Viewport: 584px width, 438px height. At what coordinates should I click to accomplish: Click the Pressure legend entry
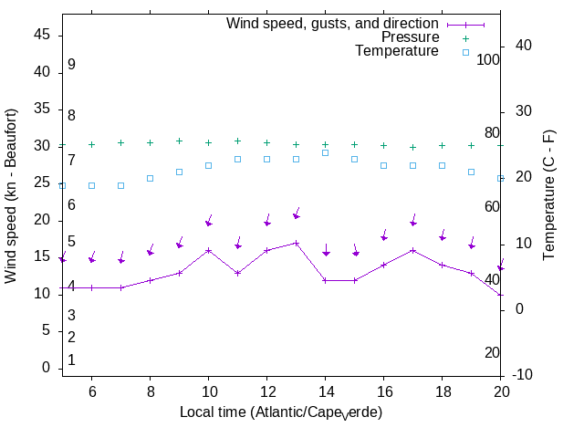[x=410, y=37]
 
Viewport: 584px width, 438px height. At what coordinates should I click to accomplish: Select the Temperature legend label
[x=397, y=51]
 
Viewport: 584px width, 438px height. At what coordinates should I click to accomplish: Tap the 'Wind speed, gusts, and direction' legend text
[x=333, y=24]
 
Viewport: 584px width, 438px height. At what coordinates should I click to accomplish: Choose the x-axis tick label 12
[x=266, y=391]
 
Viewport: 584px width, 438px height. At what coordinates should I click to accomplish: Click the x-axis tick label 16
[x=383, y=391]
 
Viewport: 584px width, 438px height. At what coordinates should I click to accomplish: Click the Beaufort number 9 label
[x=71, y=65]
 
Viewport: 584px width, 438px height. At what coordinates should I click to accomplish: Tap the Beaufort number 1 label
[x=71, y=360]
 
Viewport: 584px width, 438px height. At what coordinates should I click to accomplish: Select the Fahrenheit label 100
[x=488, y=59]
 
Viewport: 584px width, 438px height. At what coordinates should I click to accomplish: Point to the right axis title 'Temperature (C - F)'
[x=550, y=195]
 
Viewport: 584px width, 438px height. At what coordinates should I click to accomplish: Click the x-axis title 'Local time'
[x=281, y=412]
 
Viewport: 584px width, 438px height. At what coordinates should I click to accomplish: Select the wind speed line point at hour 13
[x=296, y=243]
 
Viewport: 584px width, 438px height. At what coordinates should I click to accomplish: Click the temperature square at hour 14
[x=325, y=152]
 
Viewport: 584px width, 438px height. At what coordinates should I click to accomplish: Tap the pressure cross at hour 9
[x=179, y=141]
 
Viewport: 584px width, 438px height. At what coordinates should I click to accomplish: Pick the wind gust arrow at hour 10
[x=208, y=223]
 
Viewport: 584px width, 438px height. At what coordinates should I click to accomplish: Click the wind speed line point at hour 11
[x=237, y=273]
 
